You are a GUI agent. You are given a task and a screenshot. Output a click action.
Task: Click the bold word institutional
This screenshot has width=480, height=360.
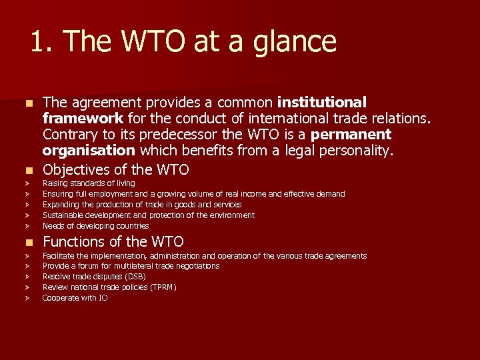[322, 103]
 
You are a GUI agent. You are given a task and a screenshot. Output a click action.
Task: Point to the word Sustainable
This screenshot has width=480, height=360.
[64, 215]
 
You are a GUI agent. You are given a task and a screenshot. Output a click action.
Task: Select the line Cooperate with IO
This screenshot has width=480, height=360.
[75, 298]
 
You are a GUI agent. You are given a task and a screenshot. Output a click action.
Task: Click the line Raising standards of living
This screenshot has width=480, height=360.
[89, 183]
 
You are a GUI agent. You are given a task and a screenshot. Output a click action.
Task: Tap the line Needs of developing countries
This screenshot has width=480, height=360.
[95, 226]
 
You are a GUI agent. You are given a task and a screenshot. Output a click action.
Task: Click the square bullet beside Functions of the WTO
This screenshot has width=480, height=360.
[27, 242]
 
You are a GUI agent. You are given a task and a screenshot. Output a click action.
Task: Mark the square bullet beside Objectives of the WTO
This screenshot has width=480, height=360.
[27, 170]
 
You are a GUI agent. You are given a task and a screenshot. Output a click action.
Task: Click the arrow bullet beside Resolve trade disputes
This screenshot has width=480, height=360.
[27, 277]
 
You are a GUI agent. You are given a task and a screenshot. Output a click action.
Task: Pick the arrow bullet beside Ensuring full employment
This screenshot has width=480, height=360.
[27, 194]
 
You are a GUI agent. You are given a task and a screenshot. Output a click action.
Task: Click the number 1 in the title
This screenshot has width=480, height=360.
[38, 42]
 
